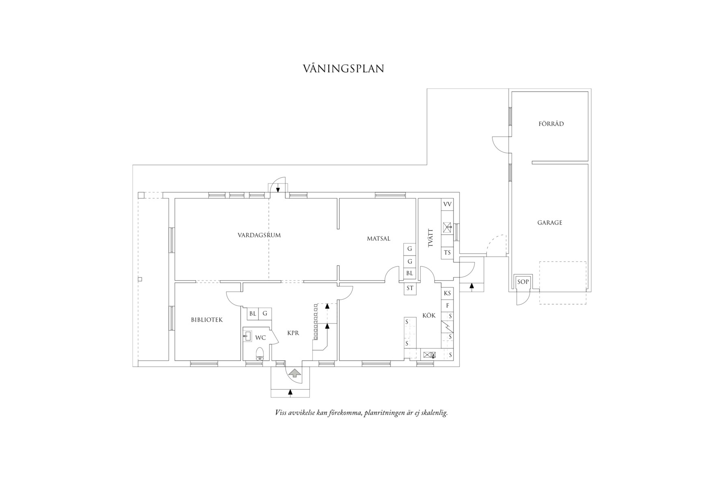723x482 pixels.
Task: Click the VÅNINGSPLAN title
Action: pyautogui.click(x=343, y=68)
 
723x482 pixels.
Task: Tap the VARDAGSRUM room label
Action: pyautogui.click(x=259, y=235)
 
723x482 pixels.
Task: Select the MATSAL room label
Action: pyautogui.click(x=379, y=238)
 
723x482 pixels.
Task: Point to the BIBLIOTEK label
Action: pyautogui.click(x=207, y=320)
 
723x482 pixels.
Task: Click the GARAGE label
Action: pyautogui.click(x=550, y=223)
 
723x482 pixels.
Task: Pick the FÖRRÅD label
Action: pyautogui.click(x=551, y=124)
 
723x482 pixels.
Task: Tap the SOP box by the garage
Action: pyautogui.click(x=523, y=281)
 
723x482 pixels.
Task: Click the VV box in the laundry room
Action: pyautogui.click(x=447, y=204)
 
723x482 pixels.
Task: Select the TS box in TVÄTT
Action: pyautogui.click(x=447, y=253)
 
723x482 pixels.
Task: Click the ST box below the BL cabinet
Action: pyautogui.click(x=410, y=288)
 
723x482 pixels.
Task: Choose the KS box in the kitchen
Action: pyautogui.click(x=447, y=293)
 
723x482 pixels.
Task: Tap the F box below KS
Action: pyautogui.click(x=447, y=305)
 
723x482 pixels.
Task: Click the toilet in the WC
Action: pyautogui.click(x=260, y=354)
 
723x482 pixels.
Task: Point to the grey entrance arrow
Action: pyautogui.click(x=294, y=373)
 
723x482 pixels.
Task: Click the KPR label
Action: pyautogui.click(x=293, y=333)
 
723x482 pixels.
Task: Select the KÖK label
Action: pyautogui.click(x=429, y=315)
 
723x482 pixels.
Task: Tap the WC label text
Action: pyautogui.click(x=260, y=338)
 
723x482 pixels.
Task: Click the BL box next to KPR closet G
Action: pyautogui.click(x=253, y=313)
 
